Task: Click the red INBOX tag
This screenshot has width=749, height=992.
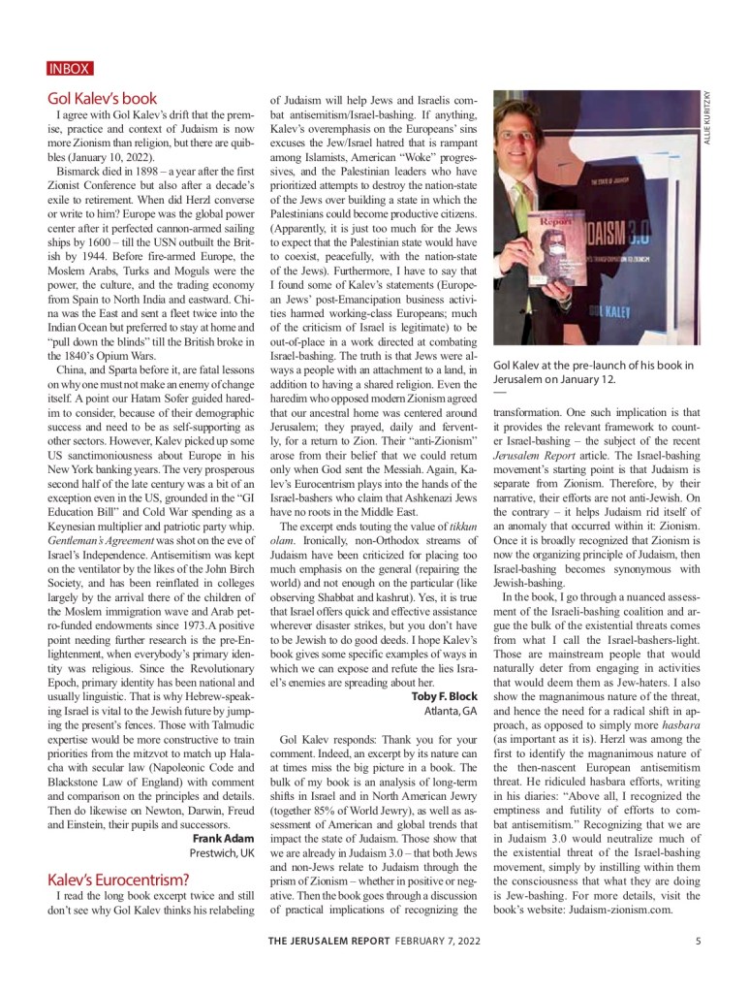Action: [69, 69]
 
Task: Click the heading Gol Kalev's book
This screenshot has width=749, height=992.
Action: [102, 98]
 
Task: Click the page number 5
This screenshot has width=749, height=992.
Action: [699, 940]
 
